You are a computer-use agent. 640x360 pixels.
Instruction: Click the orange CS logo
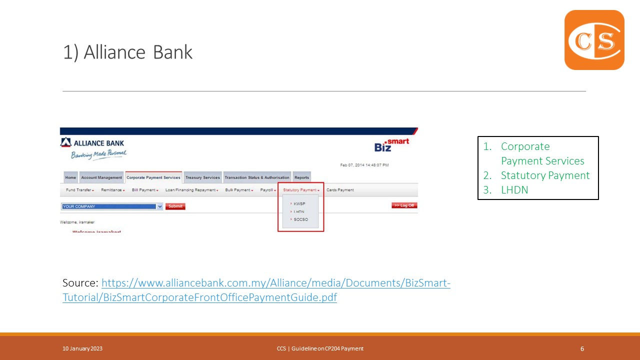click(594, 40)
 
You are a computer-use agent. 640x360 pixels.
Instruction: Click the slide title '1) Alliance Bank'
click(127, 52)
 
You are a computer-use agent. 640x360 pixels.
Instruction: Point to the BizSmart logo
click(391, 145)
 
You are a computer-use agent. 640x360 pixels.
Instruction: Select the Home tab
click(70, 177)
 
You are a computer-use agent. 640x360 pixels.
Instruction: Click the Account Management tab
click(101, 177)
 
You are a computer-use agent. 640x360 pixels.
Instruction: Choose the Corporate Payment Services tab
click(153, 177)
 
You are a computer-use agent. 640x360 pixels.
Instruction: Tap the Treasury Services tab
click(202, 177)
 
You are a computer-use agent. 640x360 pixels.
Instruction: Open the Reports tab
click(301, 177)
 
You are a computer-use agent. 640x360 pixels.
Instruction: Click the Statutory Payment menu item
click(300, 190)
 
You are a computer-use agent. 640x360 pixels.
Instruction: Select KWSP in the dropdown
click(299, 204)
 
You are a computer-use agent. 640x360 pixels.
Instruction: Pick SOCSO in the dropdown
click(301, 219)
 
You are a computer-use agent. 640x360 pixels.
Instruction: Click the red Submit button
click(175, 206)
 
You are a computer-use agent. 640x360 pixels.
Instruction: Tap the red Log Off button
click(404, 205)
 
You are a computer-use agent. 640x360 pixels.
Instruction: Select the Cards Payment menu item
click(340, 190)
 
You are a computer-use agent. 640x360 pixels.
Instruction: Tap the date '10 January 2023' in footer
click(82, 348)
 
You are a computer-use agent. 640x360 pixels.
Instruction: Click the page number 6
click(582, 349)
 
